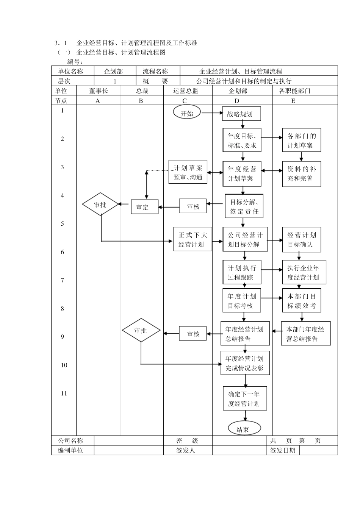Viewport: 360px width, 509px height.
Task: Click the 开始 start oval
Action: point(187,113)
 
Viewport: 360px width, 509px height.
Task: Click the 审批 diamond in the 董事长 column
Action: point(100,205)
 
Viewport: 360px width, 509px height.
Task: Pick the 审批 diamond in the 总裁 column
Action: point(141,331)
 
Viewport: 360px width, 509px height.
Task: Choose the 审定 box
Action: point(144,207)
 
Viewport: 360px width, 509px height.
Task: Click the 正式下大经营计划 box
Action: point(193,239)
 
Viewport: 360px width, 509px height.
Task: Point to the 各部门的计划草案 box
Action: point(301,141)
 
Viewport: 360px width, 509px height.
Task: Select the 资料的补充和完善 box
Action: point(301,173)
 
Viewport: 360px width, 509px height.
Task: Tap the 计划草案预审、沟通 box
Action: point(188,172)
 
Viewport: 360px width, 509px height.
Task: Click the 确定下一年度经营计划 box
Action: point(244,398)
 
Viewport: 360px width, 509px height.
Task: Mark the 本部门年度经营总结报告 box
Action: point(305,334)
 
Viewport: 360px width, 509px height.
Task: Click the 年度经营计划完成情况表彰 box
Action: point(245,363)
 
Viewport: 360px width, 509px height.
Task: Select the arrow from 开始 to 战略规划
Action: point(212,113)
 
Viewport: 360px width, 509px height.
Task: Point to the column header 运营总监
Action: point(186,91)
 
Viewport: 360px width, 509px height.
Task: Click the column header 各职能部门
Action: point(294,91)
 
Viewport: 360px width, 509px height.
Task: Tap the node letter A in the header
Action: point(98,101)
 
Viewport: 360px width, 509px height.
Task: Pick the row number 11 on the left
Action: point(64,393)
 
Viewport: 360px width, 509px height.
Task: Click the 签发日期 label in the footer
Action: point(283,450)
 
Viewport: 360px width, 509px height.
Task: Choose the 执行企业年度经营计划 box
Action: point(304,272)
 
